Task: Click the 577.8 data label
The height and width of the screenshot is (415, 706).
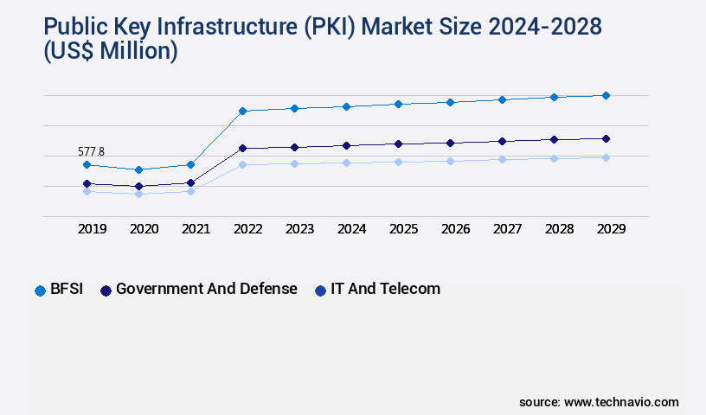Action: [91, 151]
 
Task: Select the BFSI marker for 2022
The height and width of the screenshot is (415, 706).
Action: [242, 111]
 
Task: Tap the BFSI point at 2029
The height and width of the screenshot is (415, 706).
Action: [606, 95]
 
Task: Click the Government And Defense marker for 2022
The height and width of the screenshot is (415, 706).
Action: [242, 148]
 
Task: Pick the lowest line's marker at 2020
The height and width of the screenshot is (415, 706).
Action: [138, 194]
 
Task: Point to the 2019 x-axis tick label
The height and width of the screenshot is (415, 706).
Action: [92, 229]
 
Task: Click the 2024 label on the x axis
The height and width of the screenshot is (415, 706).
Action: [351, 229]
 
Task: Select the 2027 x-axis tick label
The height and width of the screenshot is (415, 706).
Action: [507, 229]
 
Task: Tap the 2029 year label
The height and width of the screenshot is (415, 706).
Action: [611, 229]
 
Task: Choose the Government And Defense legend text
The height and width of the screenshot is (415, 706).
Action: [206, 289]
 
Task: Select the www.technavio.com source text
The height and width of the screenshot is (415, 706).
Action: [621, 402]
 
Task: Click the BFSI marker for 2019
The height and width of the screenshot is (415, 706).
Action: [87, 164]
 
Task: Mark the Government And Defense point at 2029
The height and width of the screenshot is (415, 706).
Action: [606, 138]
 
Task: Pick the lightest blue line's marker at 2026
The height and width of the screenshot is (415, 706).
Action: [450, 161]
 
